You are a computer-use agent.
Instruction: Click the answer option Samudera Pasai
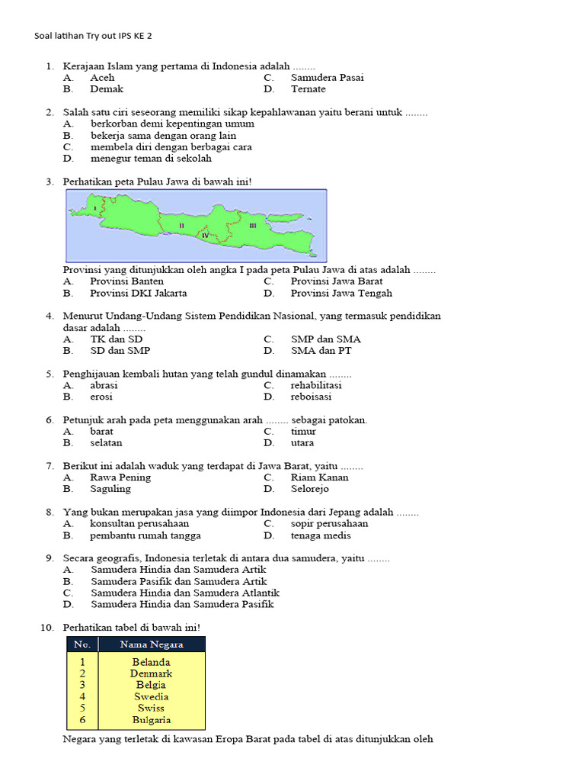point(327,78)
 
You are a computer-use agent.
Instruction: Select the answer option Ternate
point(308,89)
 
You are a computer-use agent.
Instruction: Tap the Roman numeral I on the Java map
point(94,207)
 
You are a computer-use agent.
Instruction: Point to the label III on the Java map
point(252,226)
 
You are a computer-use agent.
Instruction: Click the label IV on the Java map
point(205,236)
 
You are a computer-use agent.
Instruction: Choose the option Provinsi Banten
point(126,281)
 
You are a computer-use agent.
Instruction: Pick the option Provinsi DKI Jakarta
point(138,293)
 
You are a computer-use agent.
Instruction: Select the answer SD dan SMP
point(120,351)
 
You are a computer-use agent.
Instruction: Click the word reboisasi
point(311,397)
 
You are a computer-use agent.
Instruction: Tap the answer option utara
point(302,443)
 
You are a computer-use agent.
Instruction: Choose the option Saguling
point(110,489)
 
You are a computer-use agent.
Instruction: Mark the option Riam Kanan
point(319,477)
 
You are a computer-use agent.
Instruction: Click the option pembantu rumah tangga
point(145,535)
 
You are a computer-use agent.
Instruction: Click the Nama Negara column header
point(152,644)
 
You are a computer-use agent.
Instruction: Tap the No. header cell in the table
point(82,644)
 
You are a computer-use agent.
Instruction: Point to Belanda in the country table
point(151,663)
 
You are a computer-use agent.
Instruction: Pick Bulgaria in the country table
point(151,720)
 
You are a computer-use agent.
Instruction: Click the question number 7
point(50,466)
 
